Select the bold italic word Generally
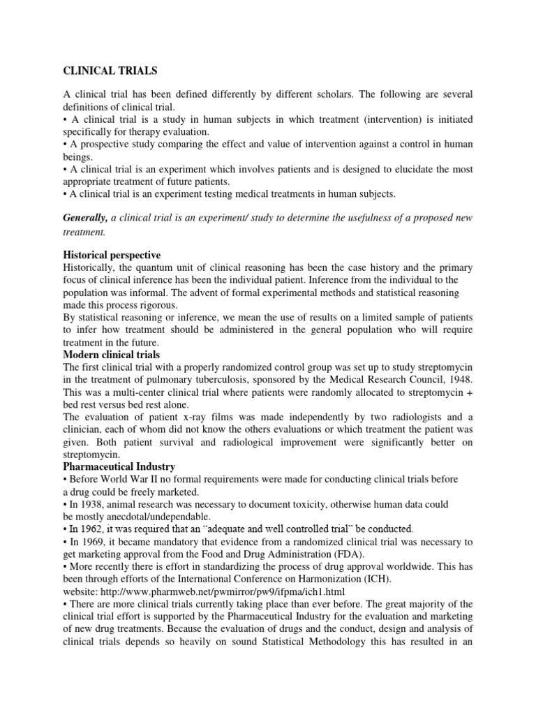(87, 218)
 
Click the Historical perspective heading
(112, 255)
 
